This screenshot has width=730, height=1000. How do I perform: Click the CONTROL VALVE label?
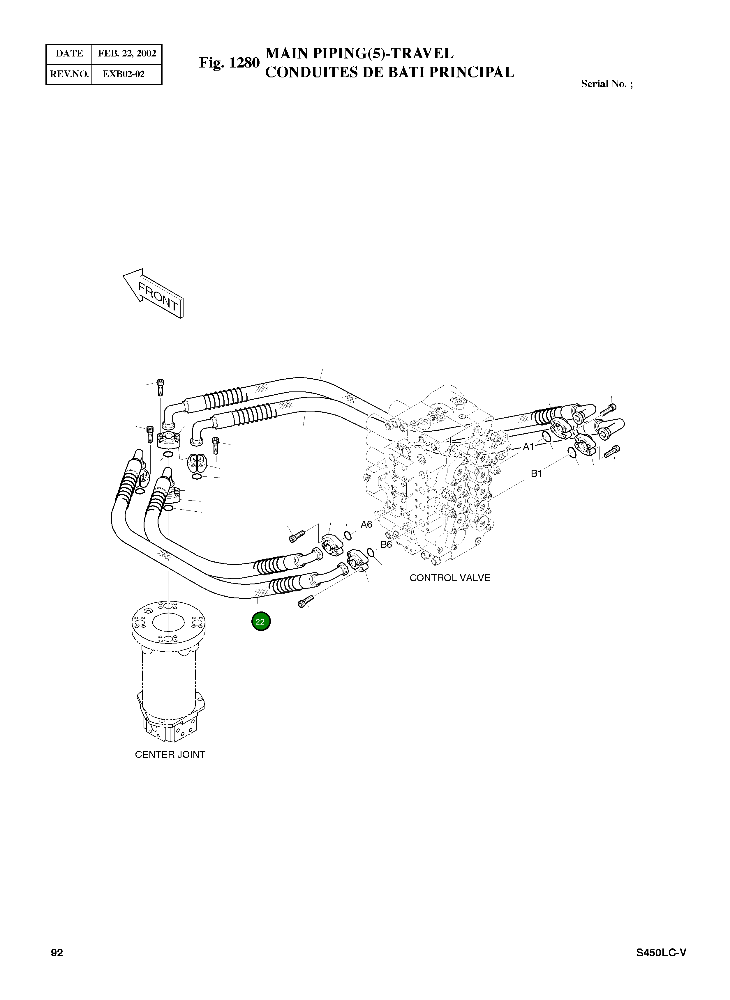click(x=449, y=578)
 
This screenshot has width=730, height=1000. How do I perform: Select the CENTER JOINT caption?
click(x=170, y=755)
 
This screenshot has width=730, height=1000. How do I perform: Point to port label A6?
click(x=366, y=524)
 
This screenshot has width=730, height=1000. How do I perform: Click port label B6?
click(x=386, y=544)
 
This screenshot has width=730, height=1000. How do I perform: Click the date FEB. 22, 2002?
click(x=127, y=54)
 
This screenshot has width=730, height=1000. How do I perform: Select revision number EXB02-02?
click(x=124, y=74)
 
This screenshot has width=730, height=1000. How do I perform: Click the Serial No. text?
click(x=606, y=84)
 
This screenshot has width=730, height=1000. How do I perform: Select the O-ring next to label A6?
click(x=348, y=536)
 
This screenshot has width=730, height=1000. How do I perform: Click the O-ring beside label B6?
click(x=371, y=553)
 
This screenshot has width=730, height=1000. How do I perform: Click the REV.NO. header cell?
click(x=69, y=74)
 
